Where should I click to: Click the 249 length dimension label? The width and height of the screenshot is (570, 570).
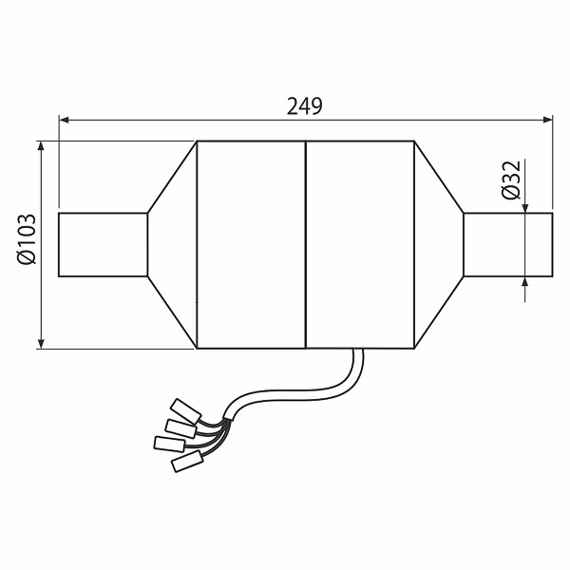[305, 106]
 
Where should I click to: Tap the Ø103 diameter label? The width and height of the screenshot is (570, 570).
[27, 239]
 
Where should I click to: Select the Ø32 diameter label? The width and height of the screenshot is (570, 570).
[511, 180]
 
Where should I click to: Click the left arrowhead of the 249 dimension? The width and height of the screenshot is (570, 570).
[64, 120]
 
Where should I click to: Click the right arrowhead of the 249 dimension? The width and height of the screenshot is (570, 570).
[547, 120]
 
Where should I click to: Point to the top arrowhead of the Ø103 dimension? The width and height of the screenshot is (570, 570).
[41, 146]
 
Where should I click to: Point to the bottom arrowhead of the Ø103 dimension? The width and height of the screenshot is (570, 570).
[41, 343]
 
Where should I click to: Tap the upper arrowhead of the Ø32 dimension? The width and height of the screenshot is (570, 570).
[525, 208]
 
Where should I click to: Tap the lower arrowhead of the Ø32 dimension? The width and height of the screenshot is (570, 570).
[525, 282]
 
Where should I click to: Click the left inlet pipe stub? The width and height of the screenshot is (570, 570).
[103, 245]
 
